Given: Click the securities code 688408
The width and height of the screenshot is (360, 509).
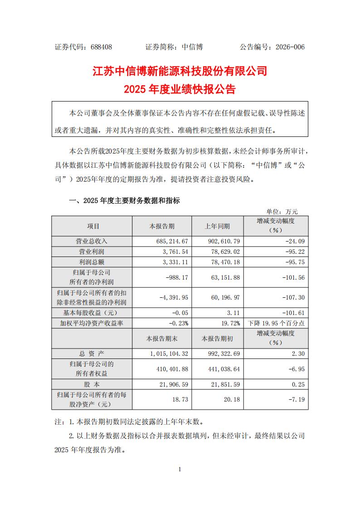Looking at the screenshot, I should [101, 47].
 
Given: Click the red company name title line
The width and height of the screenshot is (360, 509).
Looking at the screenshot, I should [180, 71].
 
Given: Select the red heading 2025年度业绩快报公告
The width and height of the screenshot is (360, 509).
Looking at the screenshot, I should [180, 89].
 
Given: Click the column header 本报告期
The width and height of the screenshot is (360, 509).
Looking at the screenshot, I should [162, 226].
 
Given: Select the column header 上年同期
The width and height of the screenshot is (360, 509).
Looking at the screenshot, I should [217, 226].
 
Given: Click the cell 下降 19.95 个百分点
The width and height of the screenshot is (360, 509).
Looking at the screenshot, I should [277, 323].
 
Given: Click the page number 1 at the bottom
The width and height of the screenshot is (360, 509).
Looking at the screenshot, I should [180, 469].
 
